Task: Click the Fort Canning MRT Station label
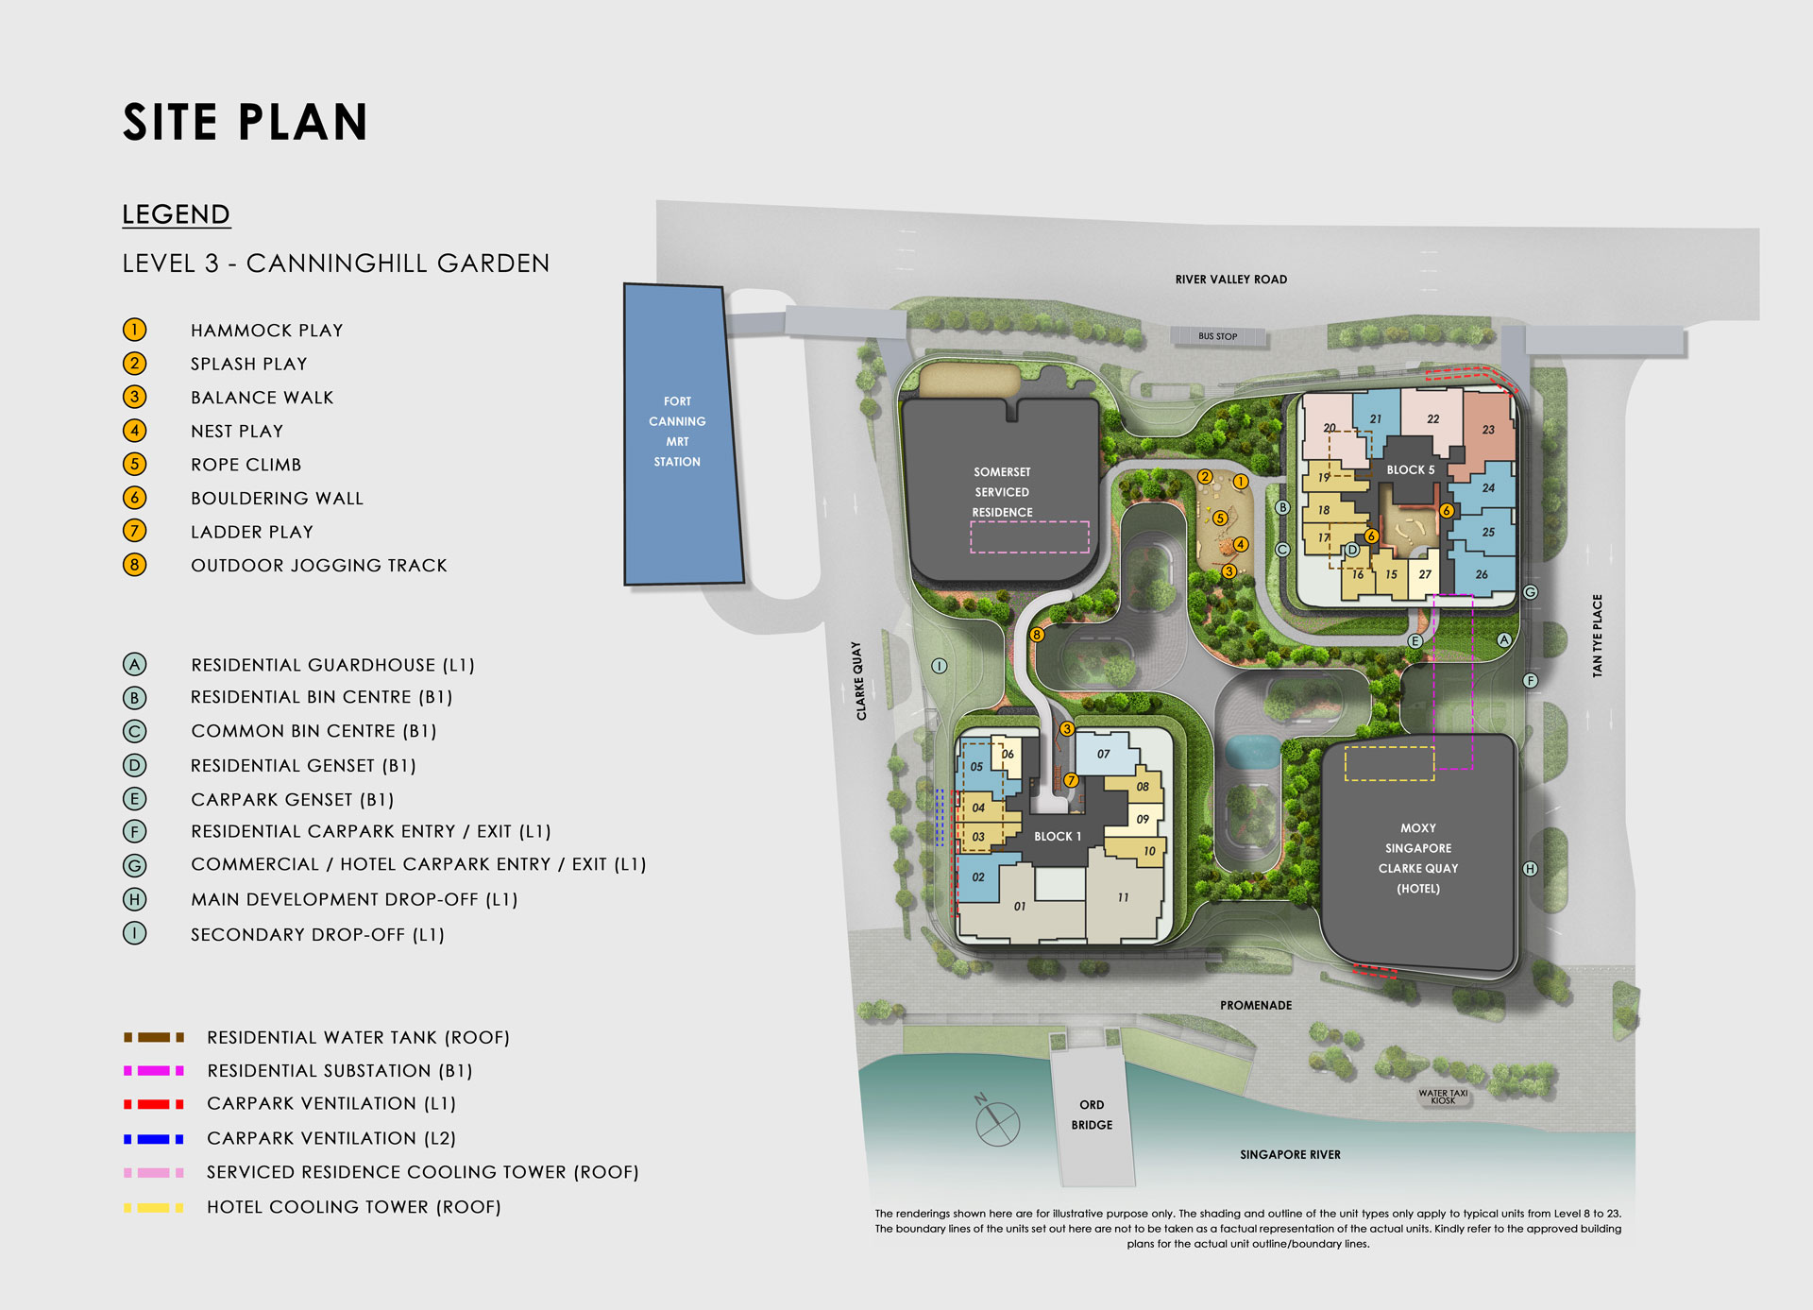tap(677, 432)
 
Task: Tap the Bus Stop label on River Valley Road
tap(1217, 336)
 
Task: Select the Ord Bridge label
tap(1092, 1114)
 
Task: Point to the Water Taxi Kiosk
tap(1443, 1097)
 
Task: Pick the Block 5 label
tap(1410, 469)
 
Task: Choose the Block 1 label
tap(1057, 836)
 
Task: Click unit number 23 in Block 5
tap(1488, 430)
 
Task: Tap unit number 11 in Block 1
tap(1123, 897)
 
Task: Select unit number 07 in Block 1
tap(1103, 754)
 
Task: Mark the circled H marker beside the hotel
tap(1530, 869)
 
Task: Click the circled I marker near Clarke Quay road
tap(939, 666)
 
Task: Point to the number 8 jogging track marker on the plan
tap(1037, 635)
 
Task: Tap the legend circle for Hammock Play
tap(134, 330)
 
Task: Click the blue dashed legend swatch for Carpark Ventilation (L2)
tap(153, 1139)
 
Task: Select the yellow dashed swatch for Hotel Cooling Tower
tap(153, 1207)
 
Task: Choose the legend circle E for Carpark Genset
tap(134, 799)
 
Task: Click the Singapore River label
tap(1290, 1154)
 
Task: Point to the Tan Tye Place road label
tap(1597, 635)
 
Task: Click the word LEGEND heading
tap(176, 214)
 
